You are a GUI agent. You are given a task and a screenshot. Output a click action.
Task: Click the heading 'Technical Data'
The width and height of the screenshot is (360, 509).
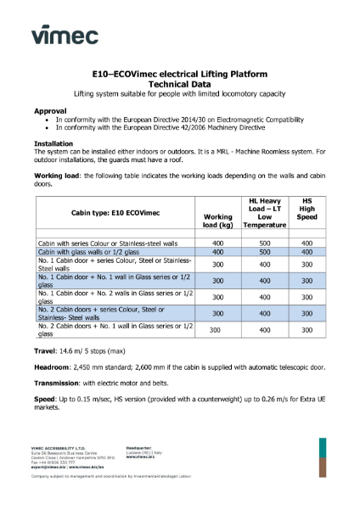[x=178, y=85]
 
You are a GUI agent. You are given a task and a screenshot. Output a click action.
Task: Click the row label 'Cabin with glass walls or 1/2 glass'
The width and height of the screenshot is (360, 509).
[x=90, y=252]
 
